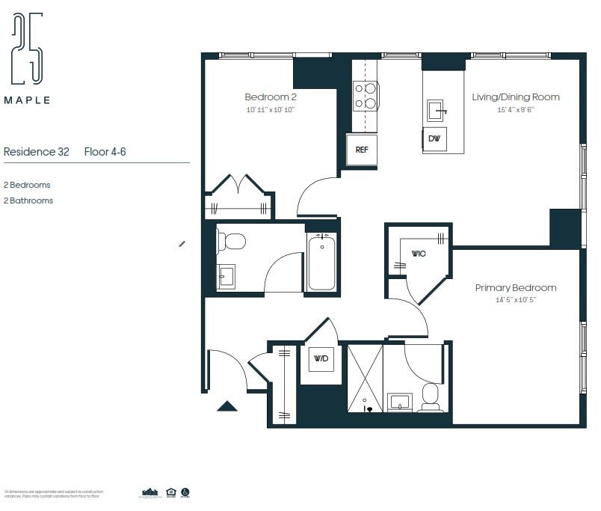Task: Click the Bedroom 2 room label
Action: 271,97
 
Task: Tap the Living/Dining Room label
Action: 515,97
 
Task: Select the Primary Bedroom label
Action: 516,288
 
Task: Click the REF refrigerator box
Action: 362,150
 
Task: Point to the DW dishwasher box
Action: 434,139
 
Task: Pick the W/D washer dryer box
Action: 321,359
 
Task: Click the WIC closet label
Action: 419,254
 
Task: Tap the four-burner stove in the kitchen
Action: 366,96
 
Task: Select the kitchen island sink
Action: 437,111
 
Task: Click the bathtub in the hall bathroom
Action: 321,262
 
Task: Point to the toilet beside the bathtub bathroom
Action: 232,242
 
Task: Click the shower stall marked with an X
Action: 366,378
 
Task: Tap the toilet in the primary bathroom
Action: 431,397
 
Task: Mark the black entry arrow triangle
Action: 227,406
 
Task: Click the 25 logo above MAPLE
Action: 28,49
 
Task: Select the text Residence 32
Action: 37,152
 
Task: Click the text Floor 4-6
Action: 105,152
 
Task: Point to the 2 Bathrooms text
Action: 28,201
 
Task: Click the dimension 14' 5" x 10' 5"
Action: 506,300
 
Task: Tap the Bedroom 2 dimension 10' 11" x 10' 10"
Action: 271,110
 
